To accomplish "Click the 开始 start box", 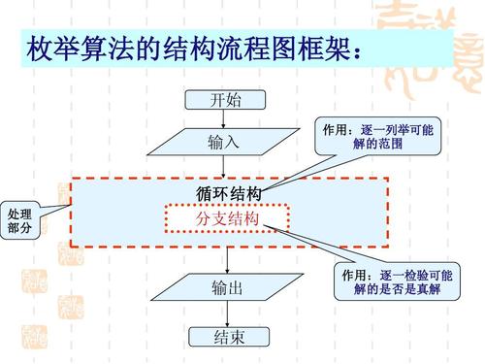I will tap(226, 99).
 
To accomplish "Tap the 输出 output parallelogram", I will tap(226, 289).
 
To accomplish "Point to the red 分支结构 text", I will tap(227, 220).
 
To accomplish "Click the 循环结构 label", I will tap(227, 194).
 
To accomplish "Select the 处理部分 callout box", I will tap(18, 220).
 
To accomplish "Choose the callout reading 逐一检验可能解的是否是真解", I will tap(397, 282).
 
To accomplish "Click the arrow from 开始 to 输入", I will tap(226, 118).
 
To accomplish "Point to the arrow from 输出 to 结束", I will tap(226, 314).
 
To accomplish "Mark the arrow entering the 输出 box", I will tap(226, 262).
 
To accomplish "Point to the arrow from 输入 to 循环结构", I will tap(226, 167).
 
